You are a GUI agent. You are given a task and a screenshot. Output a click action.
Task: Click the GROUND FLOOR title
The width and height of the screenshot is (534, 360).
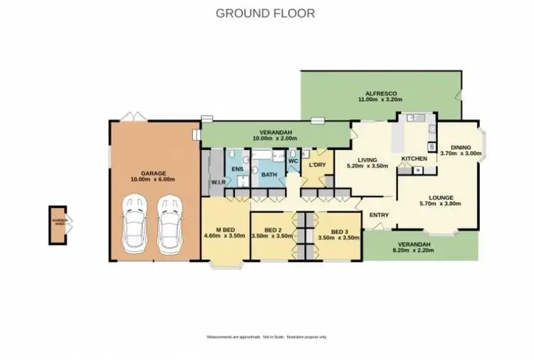point(265,14)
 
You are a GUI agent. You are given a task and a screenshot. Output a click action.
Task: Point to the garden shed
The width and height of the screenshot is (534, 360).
point(58,225)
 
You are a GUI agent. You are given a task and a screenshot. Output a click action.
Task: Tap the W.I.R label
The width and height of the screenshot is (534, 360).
point(218,183)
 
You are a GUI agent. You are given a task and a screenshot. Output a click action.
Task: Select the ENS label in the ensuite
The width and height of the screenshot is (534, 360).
point(238,169)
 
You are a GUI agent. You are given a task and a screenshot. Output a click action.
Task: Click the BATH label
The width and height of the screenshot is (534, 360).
point(268,174)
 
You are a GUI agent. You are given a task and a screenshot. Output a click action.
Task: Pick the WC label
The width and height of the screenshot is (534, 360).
point(293,161)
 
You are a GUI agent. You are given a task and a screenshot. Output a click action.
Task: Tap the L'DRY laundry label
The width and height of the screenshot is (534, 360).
point(316,166)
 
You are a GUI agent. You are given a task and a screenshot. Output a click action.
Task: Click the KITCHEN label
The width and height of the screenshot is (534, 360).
point(414,159)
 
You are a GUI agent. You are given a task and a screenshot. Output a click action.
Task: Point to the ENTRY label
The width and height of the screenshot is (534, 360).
point(378,215)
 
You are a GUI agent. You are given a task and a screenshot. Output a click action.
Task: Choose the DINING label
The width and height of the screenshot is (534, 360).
point(461,146)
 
